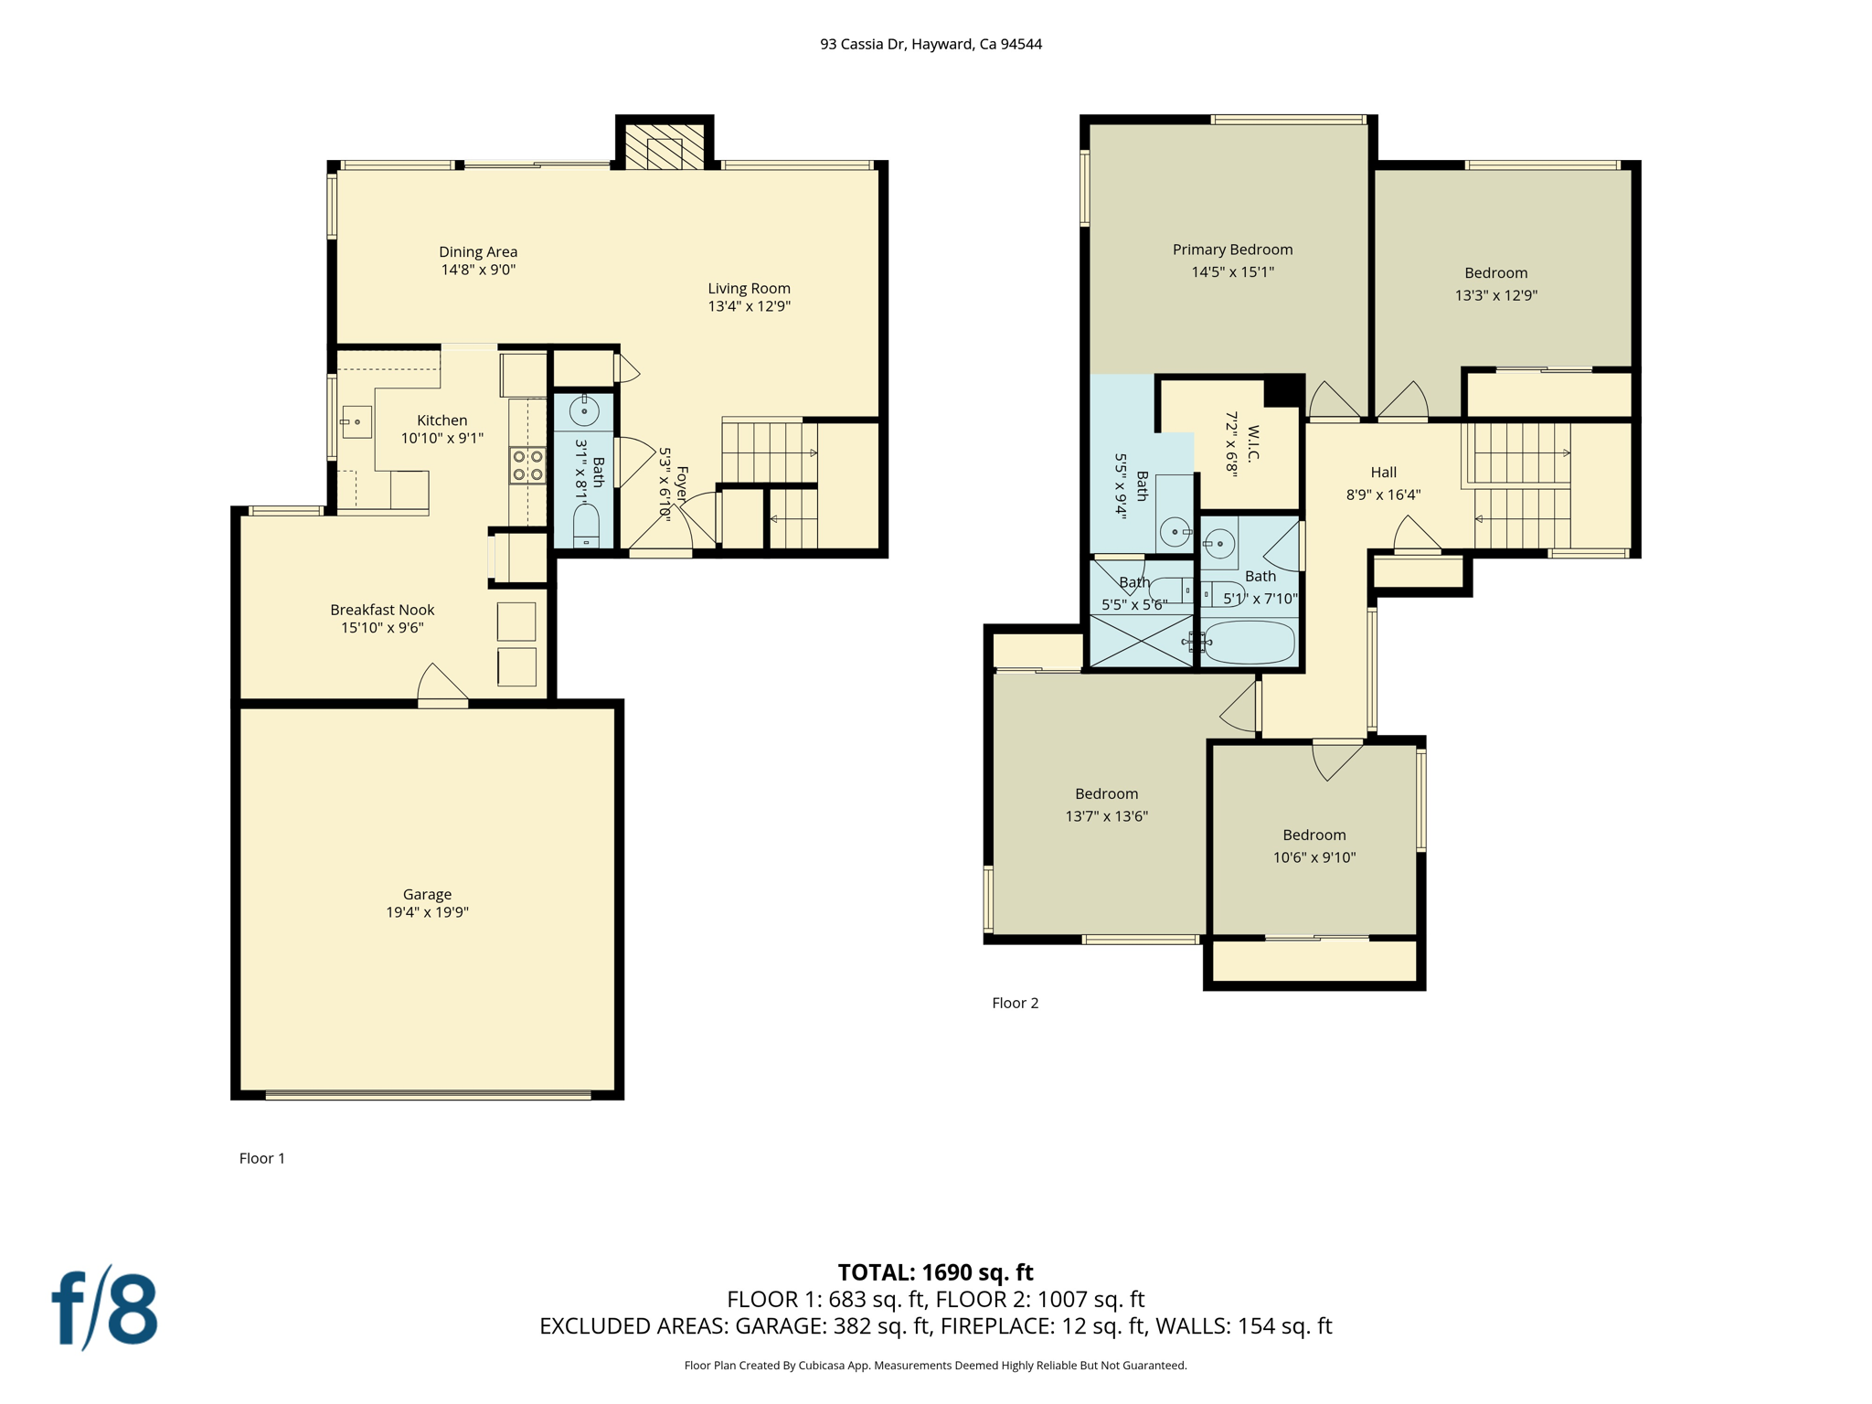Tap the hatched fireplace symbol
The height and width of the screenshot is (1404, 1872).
[x=665, y=146]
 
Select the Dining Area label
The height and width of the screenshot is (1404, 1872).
[x=478, y=251]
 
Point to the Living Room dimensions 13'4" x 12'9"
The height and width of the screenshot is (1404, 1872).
[x=749, y=306]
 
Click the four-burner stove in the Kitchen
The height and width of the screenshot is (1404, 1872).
[x=527, y=464]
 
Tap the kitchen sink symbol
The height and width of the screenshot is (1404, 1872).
[x=356, y=422]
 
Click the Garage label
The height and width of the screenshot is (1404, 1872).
[x=427, y=894]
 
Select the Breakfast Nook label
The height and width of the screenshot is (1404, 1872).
[x=382, y=610]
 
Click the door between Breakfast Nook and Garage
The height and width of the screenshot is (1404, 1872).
[x=443, y=700]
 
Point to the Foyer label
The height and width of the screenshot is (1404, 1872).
[x=682, y=484]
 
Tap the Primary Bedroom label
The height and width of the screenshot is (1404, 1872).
[x=1232, y=250]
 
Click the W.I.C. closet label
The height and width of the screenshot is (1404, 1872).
[x=1253, y=444]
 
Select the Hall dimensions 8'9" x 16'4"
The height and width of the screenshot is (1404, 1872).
[x=1383, y=495]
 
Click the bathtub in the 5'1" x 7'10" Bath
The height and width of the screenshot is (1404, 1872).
[x=1249, y=643]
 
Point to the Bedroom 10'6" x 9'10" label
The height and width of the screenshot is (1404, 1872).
[x=1314, y=835]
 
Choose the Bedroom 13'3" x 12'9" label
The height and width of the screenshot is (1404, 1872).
[x=1495, y=272]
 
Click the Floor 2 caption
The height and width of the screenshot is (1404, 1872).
[x=1015, y=1003]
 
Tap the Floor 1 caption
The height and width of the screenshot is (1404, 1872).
[x=262, y=1158]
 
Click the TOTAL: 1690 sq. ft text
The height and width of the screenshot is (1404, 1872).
[x=935, y=1271]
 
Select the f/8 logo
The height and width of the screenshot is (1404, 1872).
[x=104, y=1308]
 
